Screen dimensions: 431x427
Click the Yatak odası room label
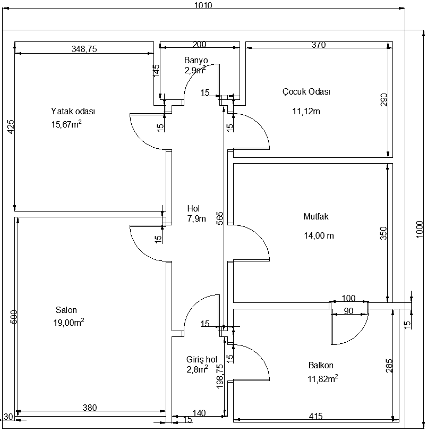(x=73, y=112)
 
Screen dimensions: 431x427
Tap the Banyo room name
(x=196, y=60)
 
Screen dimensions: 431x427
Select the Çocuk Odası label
(x=306, y=91)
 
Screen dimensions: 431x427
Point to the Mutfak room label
(x=317, y=217)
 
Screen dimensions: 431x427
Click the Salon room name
(x=66, y=310)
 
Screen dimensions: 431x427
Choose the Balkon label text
(x=321, y=366)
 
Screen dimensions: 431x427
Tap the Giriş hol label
(x=201, y=359)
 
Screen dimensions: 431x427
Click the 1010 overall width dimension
(x=203, y=6)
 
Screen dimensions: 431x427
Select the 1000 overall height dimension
(x=420, y=228)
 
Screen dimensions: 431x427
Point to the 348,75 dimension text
(x=84, y=49)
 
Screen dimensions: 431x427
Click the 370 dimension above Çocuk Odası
(x=318, y=45)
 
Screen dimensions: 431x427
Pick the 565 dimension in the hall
(x=220, y=218)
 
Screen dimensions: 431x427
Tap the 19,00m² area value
(x=69, y=323)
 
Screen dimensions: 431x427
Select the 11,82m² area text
(x=322, y=379)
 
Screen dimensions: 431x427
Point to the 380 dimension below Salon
(x=90, y=408)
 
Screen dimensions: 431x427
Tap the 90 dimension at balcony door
(x=349, y=311)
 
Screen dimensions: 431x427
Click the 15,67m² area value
(x=66, y=124)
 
